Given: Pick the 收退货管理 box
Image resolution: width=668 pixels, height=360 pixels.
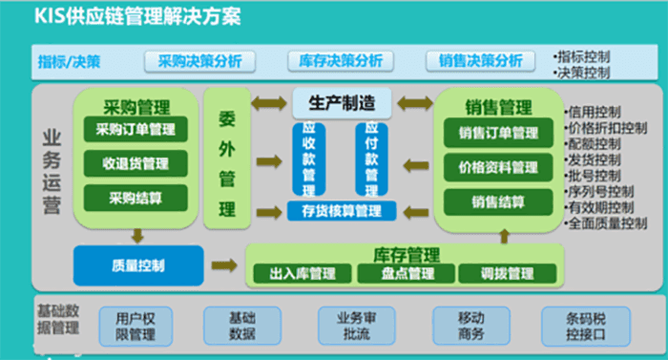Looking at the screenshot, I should click(x=136, y=163).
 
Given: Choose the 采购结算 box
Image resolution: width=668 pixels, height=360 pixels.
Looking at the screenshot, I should click(x=136, y=198).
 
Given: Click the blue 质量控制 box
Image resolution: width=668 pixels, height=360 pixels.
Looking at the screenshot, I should click(x=137, y=265).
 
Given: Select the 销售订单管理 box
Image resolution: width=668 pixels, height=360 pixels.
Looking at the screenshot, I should click(x=498, y=133).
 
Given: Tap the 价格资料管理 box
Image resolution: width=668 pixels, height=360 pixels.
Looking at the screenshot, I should click(x=498, y=167).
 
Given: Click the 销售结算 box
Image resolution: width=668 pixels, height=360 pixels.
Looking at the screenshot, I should click(x=498, y=201).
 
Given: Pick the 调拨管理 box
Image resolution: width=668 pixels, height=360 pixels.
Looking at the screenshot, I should click(x=502, y=274).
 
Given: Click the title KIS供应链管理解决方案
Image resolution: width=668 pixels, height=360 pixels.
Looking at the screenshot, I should click(x=137, y=16).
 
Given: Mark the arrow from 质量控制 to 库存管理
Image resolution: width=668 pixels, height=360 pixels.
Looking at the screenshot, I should click(x=225, y=265).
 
